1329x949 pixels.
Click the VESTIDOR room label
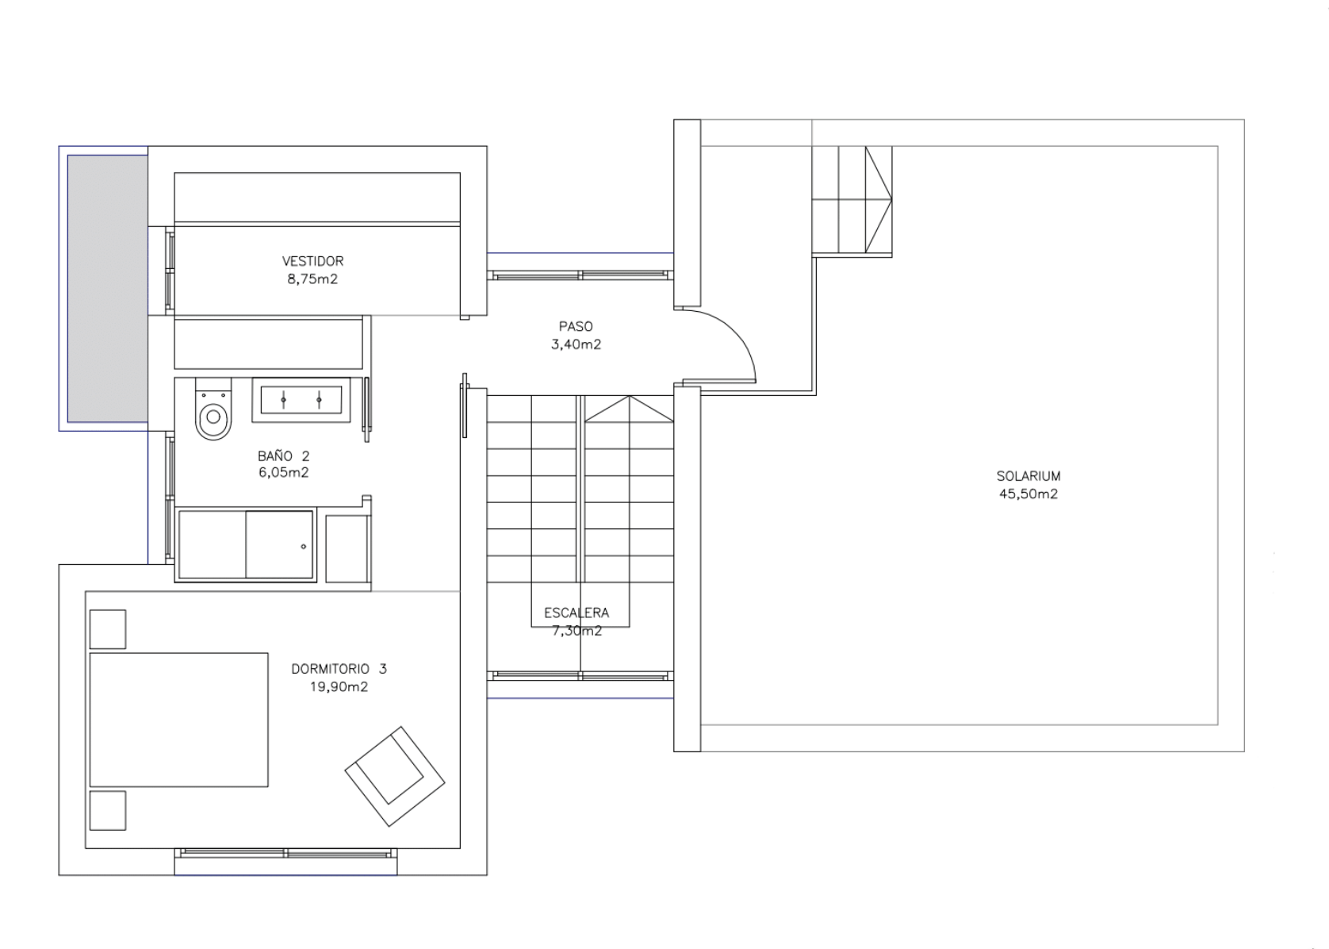pyautogui.click(x=312, y=261)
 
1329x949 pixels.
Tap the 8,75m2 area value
pyautogui.click(x=312, y=279)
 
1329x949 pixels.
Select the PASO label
pyautogui.click(x=576, y=327)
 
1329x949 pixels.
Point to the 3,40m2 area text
pyautogui.click(x=576, y=344)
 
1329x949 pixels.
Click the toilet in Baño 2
pyautogui.click(x=213, y=409)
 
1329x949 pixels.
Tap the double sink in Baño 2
pyautogui.click(x=301, y=400)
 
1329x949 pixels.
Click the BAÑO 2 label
pyautogui.click(x=284, y=456)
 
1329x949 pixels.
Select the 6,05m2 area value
pyautogui.click(x=284, y=473)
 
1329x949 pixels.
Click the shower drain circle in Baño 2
pyautogui.click(x=304, y=547)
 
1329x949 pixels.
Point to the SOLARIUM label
pyautogui.click(x=1028, y=476)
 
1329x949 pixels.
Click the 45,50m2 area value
pyautogui.click(x=1028, y=494)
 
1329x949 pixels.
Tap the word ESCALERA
pyautogui.click(x=576, y=613)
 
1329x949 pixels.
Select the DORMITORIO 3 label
pyautogui.click(x=339, y=669)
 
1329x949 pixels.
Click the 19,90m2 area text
pyautogui.click(x=339, y=687)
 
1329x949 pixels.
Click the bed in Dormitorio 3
pyautogui.click(x=178, y=720)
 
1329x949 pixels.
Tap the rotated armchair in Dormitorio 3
pyautogui.click(x=395, y=776)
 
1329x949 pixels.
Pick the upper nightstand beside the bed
pyautogui.click(x=107, y=629)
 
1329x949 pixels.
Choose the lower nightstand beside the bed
pyautogui.click(x=107, y=811)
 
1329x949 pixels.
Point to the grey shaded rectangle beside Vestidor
pyautogui.click(x=107, y=289)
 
